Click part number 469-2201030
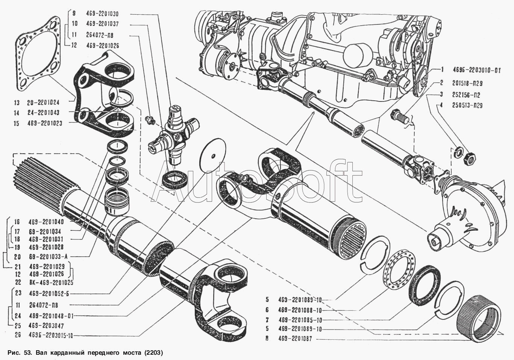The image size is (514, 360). [x=102, y=14]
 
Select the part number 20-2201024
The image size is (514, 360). [x=43, y=102]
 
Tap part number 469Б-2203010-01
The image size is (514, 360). [x=477, y=70]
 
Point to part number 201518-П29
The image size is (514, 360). [x=467, y=83]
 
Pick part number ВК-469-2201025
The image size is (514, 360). [x=51, y=282]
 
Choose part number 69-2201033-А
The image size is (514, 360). [x=48, y=256]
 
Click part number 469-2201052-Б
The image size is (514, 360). [x=49, y=293]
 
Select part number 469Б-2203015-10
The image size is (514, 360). [x=51, y=336]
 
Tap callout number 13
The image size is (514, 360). [x=17, y=103]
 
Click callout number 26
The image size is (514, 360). [x=18, y=335]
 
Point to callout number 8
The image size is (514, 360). [x=267, y=339]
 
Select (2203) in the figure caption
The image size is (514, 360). [x=153, y=352]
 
